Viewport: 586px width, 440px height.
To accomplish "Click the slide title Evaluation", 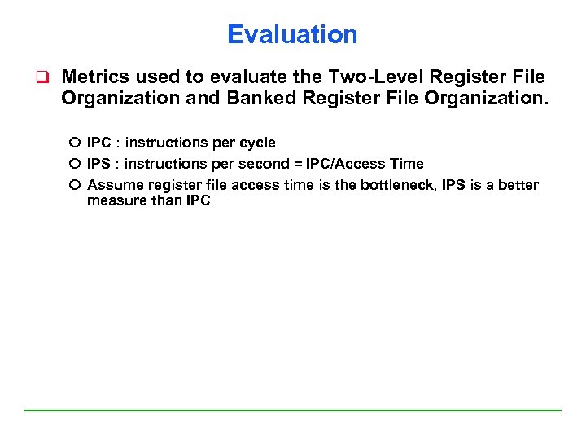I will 292,34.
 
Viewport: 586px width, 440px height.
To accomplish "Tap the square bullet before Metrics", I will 37,78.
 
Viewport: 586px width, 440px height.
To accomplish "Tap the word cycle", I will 256,143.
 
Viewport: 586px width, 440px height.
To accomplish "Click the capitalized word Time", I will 406,164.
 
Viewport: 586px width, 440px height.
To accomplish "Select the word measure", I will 116,200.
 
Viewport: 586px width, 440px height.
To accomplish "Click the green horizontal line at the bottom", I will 293,410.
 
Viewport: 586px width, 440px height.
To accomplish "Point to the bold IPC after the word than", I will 198,200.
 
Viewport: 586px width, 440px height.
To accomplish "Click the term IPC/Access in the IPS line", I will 339,164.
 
